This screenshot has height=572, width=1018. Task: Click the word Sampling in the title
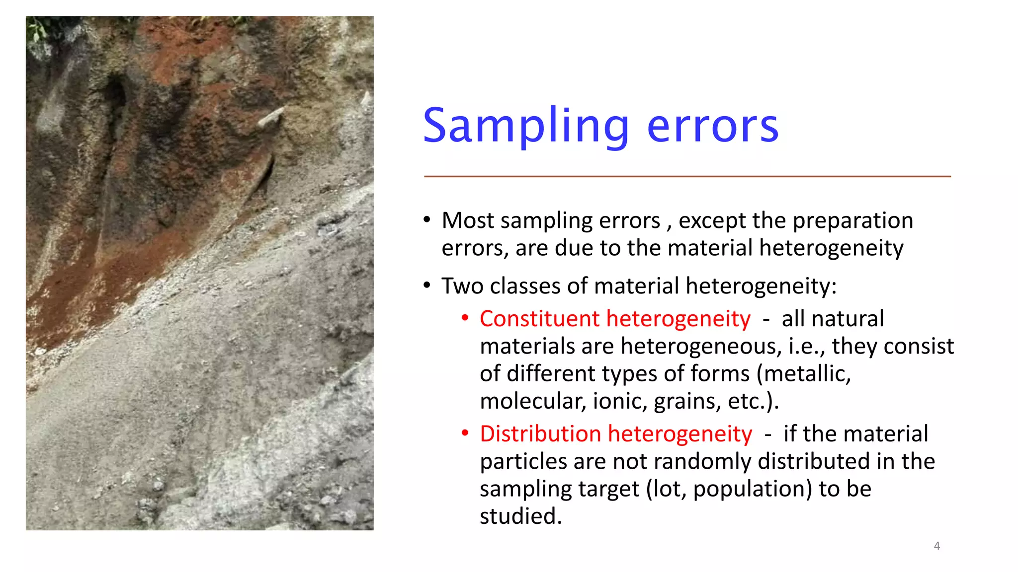click(x=526, y=127)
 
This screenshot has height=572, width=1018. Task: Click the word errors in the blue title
click(x=712, y=127)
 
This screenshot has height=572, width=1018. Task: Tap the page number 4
click(x=936, y=546)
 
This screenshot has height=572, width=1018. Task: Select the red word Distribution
click(x=540, y=434)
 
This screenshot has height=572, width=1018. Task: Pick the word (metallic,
click(x=804, y=374)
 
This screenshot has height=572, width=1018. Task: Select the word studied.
click(x=520, y=516)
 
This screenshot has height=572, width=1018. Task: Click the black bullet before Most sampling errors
click(x=427, y=220)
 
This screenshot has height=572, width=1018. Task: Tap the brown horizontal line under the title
click(x=687, y=176)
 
